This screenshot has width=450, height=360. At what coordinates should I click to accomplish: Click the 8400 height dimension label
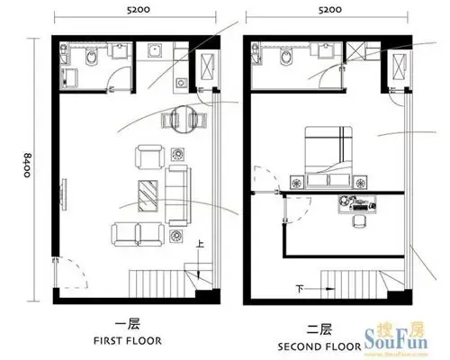pos(27,166)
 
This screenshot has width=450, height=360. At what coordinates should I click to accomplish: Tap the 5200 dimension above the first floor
pos(139,10)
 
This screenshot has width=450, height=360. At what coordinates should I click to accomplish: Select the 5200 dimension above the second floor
pos(329,10)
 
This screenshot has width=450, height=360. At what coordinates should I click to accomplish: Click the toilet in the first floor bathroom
pos(92,58)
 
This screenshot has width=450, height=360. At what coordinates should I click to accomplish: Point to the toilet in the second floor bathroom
pos(285,57)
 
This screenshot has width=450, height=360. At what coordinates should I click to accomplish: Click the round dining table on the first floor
pos(184,120)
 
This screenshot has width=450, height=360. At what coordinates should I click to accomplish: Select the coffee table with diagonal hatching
pos(148,196)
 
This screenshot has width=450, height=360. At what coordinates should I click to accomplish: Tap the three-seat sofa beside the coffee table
pos(178,195)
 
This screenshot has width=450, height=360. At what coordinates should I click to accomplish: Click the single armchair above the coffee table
pos(150,157)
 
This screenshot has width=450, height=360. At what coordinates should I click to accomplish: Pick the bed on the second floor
pos(328,157)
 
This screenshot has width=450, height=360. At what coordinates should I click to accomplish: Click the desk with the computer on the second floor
pos(357,204)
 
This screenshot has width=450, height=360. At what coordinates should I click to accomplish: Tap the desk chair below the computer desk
pos(359,222)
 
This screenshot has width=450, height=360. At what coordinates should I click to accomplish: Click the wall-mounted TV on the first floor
pos(64,194)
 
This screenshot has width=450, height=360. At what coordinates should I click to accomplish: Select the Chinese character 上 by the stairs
pos(200,244)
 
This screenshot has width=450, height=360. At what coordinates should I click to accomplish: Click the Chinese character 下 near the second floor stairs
pos(300,289)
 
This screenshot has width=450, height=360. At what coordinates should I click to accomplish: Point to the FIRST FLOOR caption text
pos(128,341)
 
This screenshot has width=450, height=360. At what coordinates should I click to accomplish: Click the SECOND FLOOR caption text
pos(319,346)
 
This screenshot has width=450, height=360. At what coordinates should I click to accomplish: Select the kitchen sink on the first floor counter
pos(155,50)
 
